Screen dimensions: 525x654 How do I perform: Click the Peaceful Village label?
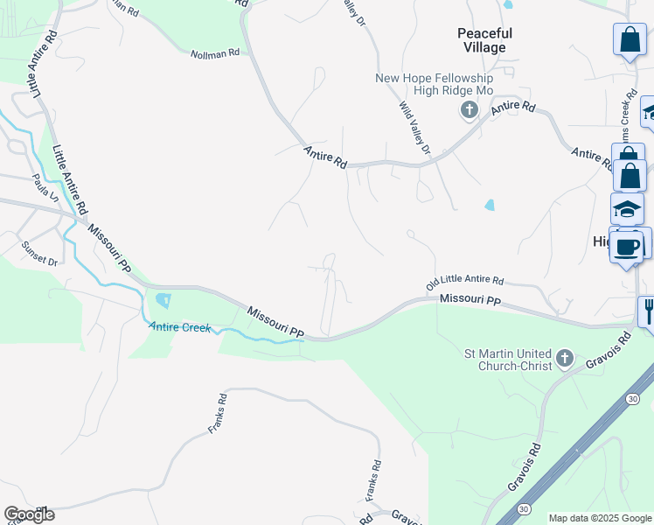(484, 40)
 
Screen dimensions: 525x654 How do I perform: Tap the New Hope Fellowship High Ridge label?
(435, 85)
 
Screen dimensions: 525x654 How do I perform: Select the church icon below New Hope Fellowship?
(470, 110)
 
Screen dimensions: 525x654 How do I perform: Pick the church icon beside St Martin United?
(565, 358)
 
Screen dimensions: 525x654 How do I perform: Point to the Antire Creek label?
(180, 327)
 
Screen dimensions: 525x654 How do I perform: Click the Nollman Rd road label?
(215, 54)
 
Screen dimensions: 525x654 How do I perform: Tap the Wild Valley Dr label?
(415, 129)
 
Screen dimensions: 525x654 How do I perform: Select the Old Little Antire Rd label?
(465, 283)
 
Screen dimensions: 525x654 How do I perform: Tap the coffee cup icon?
(627, 246)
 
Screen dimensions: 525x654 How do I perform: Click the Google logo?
(29, 514)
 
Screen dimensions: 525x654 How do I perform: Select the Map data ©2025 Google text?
(600, 518)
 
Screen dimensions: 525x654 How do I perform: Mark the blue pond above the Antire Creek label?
(163, 301)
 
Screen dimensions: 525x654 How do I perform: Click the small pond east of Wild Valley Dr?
(489, 206)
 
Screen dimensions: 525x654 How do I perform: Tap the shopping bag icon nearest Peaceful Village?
(630, 39)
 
